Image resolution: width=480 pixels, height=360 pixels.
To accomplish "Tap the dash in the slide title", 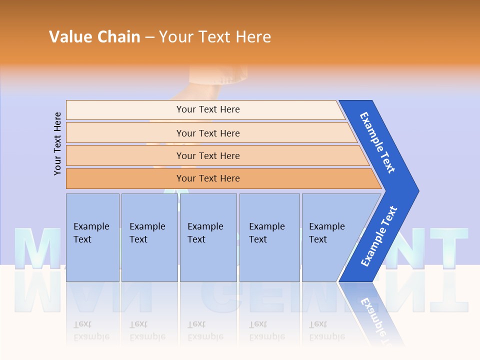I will click(149, 37).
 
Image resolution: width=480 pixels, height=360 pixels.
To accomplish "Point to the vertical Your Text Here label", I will click(58, 143).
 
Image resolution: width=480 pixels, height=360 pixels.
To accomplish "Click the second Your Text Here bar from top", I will click(207, 133).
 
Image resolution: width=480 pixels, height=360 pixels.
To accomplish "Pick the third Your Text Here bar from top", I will click(207, 155).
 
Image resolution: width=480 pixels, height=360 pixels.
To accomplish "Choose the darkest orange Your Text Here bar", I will click(207, 178).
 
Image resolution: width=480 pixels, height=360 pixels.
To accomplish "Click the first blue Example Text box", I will click(92, 237).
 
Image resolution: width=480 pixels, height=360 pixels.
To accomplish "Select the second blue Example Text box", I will click(149, 237).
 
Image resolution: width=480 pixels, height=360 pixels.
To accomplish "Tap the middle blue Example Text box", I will click(208, 237).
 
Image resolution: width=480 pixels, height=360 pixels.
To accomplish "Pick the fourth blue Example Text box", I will click(269, 237).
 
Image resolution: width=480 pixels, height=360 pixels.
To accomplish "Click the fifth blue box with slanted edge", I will click(330, 237).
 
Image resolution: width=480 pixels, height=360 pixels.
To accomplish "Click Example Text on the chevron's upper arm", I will click(377, 142).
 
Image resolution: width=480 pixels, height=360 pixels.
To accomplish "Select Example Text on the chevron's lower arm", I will click(378, 236).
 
